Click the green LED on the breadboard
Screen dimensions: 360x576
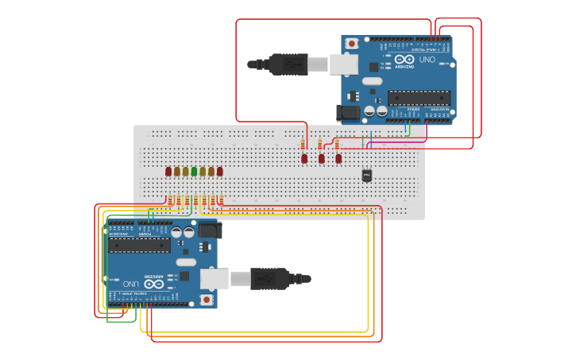(x=194, y=171)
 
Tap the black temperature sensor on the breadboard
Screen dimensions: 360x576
(x=366, y=175)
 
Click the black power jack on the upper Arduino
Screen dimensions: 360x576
(x=348, y=113)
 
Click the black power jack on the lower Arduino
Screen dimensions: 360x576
(x=210, y=230)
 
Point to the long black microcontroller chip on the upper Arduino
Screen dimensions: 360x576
(x=419, y=98)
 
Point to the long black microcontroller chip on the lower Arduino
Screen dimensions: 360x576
(x=139, y=245)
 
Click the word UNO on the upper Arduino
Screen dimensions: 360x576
(x=427, y=60)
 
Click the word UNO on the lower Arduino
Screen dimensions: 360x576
(x=131, y=283)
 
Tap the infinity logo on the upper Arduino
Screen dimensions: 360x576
(x=404, y=60)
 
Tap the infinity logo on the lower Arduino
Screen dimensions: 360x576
(x=153, y=283)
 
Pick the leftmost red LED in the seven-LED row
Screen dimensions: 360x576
(x=168, y=171)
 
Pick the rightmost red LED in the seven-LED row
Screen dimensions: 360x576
(x=220, y=171)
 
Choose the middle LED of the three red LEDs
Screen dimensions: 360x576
(x=321, y=158)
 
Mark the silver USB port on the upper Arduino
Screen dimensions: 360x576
(x=343, y=64)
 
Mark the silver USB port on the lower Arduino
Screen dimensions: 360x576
(x=215, y=278)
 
